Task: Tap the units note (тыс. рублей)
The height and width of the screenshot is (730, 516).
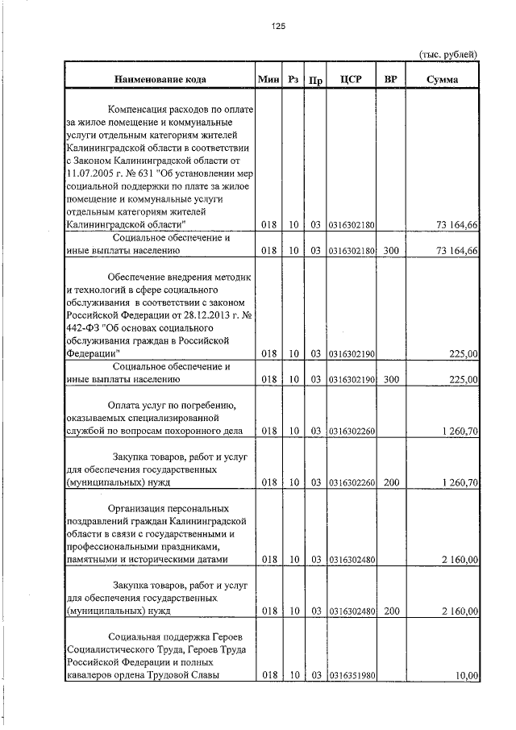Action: click(448, 54)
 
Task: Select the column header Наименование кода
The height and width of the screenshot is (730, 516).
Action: click(160, 79)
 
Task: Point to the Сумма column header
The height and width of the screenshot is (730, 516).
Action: click(443, 79)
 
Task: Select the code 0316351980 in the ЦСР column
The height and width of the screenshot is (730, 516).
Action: click(352, 676)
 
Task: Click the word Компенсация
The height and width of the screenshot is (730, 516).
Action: click(140, 109)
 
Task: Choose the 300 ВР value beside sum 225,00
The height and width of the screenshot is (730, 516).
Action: click(391, 378)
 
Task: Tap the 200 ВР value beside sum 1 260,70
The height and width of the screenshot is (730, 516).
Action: click(391, 482)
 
